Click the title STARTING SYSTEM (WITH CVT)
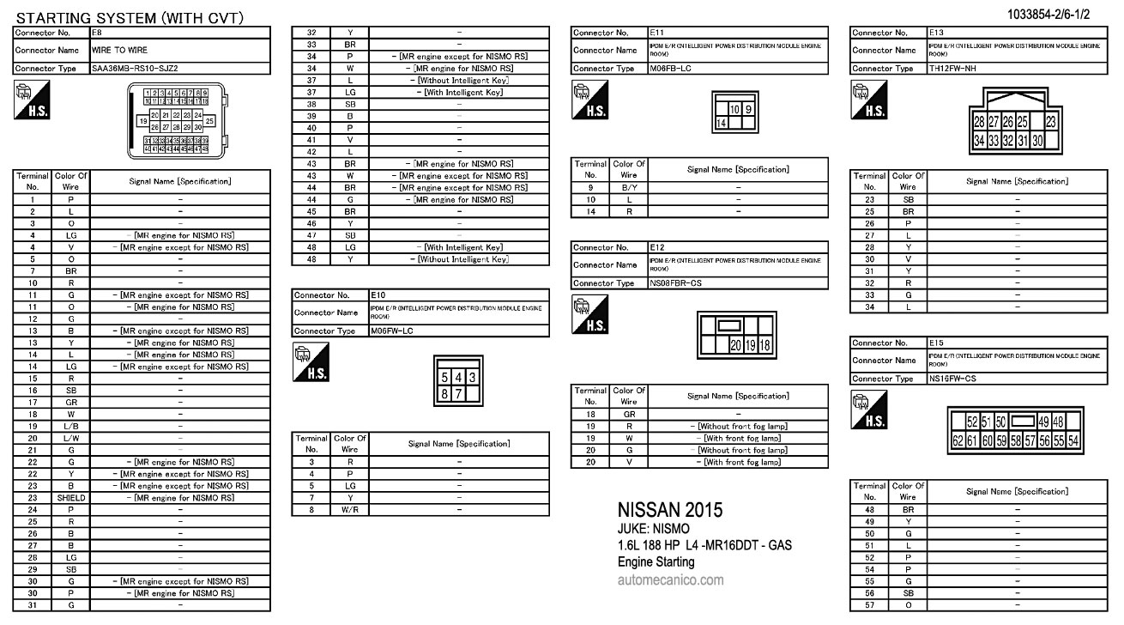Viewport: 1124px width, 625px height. coord(130,18)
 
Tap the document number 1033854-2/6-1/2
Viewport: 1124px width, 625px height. coord(1061,14)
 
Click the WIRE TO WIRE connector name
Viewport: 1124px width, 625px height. coord(120,50)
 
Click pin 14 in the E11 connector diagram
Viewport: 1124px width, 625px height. coord(722,124)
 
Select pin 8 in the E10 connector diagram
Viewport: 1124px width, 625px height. coord(445,393)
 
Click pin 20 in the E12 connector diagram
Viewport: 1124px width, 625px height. coord(735,345)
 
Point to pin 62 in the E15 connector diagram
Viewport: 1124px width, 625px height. coord(958,440)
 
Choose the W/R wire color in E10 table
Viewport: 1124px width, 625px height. coord(350,510)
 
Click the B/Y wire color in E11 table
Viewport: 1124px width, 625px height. coord(629,187)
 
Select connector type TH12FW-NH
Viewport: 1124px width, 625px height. coord(954,68)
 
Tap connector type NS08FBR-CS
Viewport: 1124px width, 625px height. coord(676,283)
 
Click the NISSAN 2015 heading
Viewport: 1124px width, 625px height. coord(670,510)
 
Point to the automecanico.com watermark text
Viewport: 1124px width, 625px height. coord(670,580)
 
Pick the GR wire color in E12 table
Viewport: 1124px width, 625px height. coord(629,414)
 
